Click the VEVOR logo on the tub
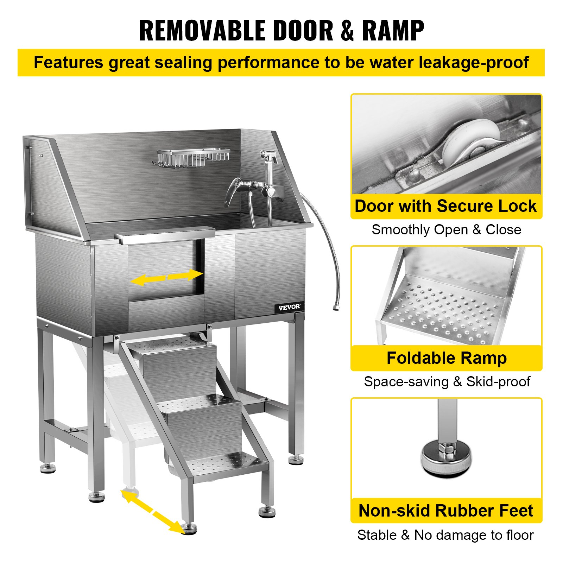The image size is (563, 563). coord(289,307)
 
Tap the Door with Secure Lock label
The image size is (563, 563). coord(445,206)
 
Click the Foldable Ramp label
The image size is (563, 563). coord(446,358)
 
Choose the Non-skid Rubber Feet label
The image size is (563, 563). coord(445,510)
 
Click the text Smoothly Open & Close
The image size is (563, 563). coord(446,229)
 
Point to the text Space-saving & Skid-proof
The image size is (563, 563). coord(447,381)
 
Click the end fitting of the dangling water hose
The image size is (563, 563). coord(335,308)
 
